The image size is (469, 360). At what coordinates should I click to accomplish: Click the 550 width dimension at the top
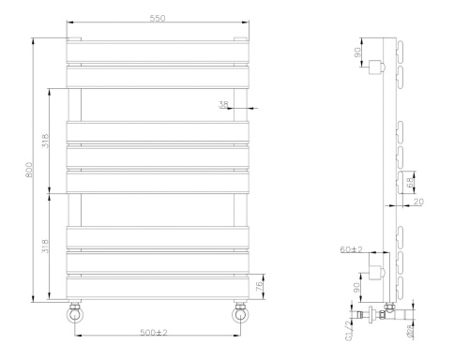click(x=158, y=20)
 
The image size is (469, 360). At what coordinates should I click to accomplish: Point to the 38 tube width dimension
click(x=224, y=104)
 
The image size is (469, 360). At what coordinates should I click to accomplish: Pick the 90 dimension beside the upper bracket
click(x=357, y=53)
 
